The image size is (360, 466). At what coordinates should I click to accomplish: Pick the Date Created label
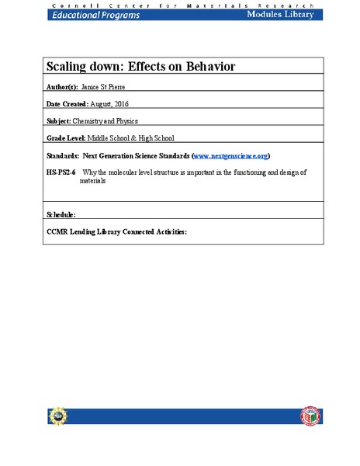(x=67, y=105)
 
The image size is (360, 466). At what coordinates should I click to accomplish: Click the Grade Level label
(x=68, y=137)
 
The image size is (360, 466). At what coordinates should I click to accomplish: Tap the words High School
(x=166, y=137)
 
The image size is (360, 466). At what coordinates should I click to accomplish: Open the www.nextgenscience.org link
(x=230, y=156)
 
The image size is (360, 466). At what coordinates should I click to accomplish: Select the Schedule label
(x=61, y=213)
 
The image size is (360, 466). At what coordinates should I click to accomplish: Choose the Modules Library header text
(x=281, y=14)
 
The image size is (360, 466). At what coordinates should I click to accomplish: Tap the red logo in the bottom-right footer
(x=309, y=417)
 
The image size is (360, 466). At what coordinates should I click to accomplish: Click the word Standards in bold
(x=64, y=156)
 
